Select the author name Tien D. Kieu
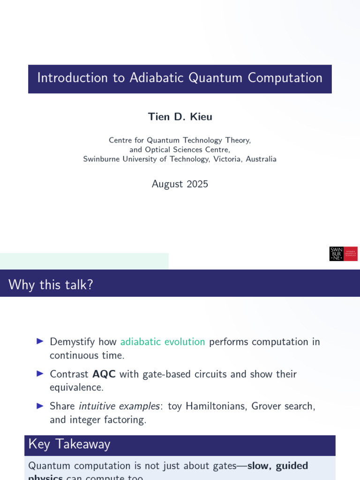180,117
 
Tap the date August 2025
180,184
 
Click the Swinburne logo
343,254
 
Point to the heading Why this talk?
51,284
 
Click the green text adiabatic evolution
163,342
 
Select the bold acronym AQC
104,374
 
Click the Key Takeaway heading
69,444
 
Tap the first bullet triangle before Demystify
40,341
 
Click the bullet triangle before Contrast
40,374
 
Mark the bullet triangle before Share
40,405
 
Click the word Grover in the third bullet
267,406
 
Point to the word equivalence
76,387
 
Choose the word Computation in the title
285,78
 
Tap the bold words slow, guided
277,466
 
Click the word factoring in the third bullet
126,420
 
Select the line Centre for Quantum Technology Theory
180,140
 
